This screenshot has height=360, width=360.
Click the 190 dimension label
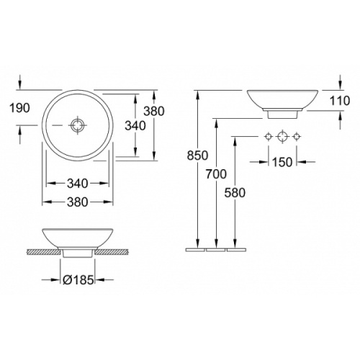point(19,108)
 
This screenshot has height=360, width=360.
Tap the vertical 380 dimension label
point(154,111)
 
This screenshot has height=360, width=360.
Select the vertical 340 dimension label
point(135,125)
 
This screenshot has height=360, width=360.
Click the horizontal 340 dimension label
point(77,184)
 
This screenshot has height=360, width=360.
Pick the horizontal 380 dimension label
point(77,202)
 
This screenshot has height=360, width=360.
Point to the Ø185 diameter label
point(78,279)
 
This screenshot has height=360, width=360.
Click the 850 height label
point(197,156)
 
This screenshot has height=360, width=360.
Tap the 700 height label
point(216,174)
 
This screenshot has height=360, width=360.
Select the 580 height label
point(235,193)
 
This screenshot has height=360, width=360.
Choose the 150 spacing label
point(282,162)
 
